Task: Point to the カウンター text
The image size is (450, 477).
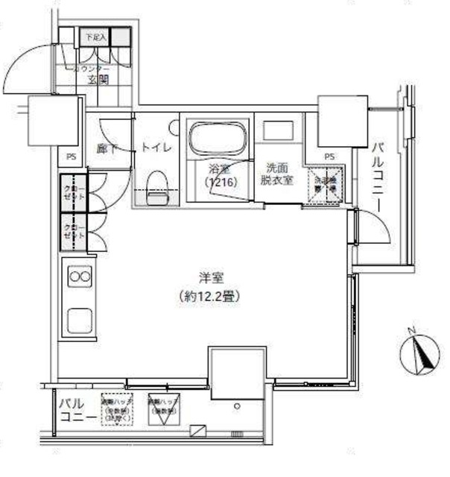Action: (92, 69)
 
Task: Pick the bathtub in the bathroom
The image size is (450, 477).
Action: (218, 138)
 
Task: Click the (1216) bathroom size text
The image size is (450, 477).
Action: (218, 181)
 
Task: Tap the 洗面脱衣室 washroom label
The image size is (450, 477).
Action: (276, 174)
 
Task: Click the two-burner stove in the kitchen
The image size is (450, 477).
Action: (79, 277)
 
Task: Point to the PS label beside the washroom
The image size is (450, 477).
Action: (329, 157)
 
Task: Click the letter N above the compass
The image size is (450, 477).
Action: (412, 329)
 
